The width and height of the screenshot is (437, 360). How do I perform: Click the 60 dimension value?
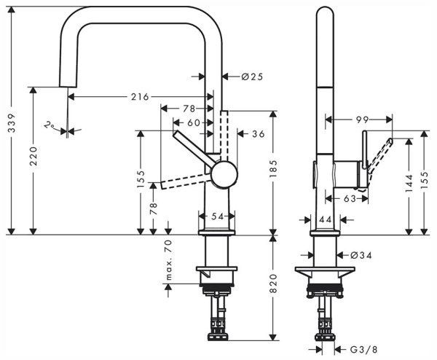[193, 122]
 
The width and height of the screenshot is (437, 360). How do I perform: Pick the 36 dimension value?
[258, 133]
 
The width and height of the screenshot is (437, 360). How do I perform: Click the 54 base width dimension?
[216, 217]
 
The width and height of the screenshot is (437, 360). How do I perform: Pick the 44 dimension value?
[324, 219]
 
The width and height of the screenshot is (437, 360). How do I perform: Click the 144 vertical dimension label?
[413, 182]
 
